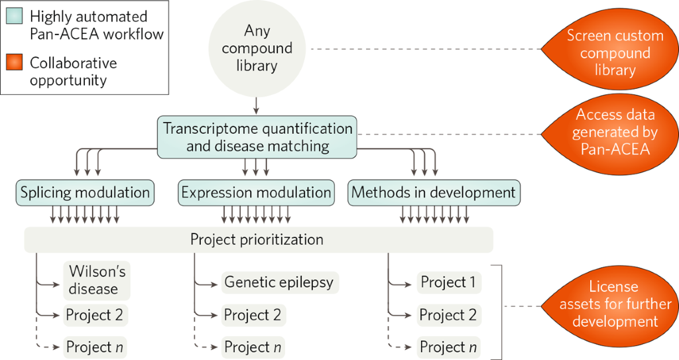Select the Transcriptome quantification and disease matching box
pyautogui.click(x=257, y=137)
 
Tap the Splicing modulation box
pyautogui.click(x=85, y=192)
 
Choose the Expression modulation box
pyautogui.click(x=256, y=192)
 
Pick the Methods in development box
pyautogui.click(x=434, y=192)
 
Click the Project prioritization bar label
pyautogui.click(x=257, y=239)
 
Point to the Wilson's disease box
pyautogui.click(x=97, y=280)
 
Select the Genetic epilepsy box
pyautogui.click(x=278, y=282)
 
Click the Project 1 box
pyautogui.click(x=448, y=282)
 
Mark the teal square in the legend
pyautogui.click(x=14, y=16)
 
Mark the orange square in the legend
pyautogui.click(x=14, y=63)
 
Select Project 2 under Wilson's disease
pyautogui.click(x=94, y=315)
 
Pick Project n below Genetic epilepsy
pyautogui.click(x=253, y=347)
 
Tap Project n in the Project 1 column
pyautogui.click(x=448, y=347)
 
